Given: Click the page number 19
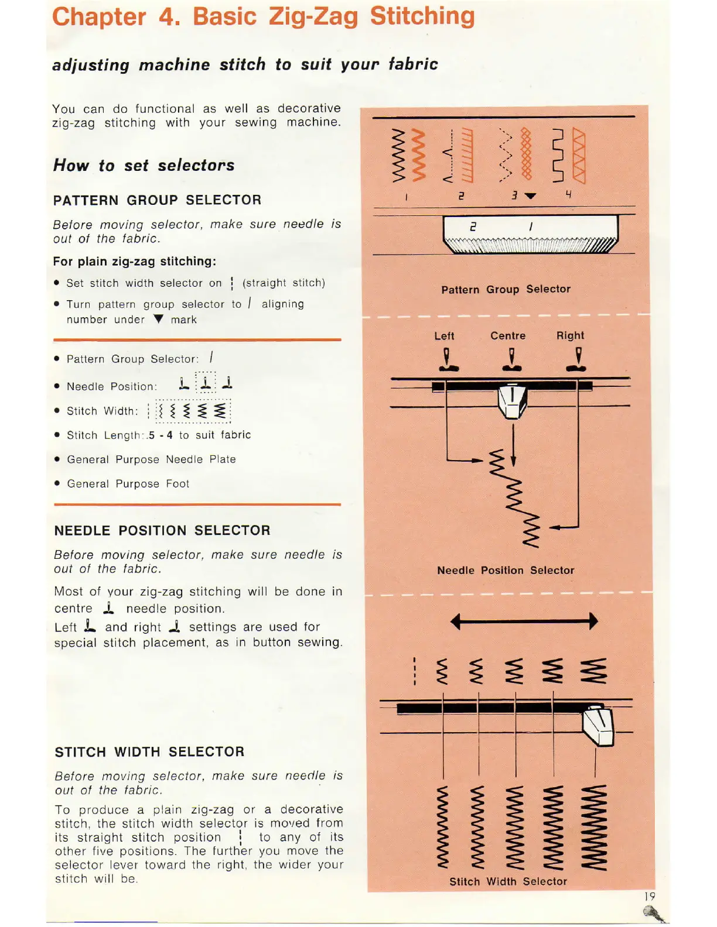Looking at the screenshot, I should tap(650, 896).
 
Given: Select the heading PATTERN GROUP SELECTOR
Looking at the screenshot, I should tap(157, 200).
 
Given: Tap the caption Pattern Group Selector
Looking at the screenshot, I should tap(506, 289).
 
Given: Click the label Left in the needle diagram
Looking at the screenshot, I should tap(444, 336).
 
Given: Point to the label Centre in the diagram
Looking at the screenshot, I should tap(508, 336).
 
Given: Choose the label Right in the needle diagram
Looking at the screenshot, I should tap(570, 335).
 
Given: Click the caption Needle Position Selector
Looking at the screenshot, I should tap(506, 570).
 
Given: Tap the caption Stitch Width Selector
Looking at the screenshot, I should tap(508, 881).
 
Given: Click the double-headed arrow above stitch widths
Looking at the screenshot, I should tap(524, 621).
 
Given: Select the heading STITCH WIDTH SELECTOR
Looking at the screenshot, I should tap(149, 752).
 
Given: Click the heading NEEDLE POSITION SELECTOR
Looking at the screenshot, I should tap(162, 531).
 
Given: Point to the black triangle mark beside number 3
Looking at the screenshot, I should tap(531, 196).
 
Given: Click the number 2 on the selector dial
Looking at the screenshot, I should tap(473, 226).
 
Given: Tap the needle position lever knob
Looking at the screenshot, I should tap(513, 401).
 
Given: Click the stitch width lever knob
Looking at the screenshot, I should tap(598, 726).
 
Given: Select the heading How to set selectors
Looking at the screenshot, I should tap(144, 166).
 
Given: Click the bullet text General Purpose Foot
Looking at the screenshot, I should tap(128, 484).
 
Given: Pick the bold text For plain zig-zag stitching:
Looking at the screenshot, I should tap(134, 262).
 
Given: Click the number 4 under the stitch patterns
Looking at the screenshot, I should tap(568, 194).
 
